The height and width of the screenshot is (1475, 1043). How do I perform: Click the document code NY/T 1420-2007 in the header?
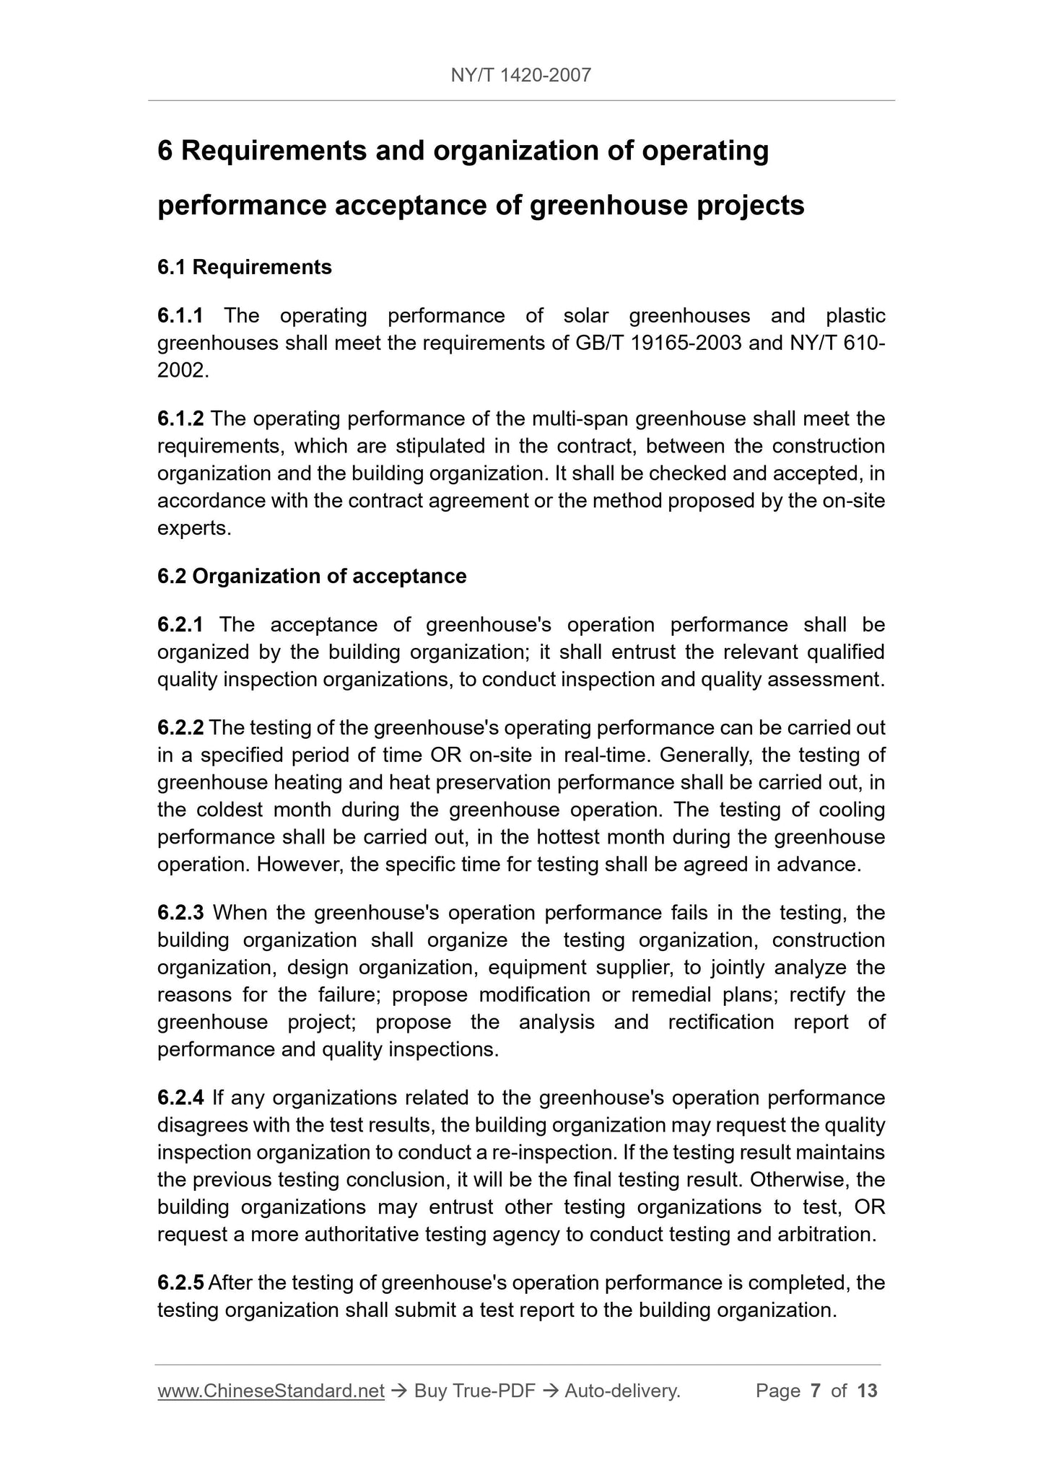coord(520,74)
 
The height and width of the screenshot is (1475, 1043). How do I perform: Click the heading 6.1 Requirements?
coord(244,267)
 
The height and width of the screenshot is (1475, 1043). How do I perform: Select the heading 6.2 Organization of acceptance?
coord(312,576)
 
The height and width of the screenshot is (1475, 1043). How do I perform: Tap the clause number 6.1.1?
coord(180,315)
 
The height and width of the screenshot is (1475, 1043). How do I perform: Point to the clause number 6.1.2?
coord(180,419)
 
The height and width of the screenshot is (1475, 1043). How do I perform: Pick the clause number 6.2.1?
coord(180,624)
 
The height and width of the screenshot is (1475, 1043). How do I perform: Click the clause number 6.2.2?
coord(180,727)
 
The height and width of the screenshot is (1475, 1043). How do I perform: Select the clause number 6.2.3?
coord(180,913)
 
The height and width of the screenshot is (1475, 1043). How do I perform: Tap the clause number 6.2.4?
coord(180,1098)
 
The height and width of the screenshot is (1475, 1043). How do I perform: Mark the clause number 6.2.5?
coord(180,1282)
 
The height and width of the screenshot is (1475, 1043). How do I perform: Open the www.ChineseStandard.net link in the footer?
coord(271,1391)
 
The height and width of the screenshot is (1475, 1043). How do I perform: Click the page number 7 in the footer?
coord(816,1391)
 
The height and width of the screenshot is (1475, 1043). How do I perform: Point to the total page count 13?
coord(867,1391)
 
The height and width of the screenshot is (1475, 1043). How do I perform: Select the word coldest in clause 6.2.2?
coord(230,810)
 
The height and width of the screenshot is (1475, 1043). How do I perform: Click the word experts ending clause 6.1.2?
coord(193,529)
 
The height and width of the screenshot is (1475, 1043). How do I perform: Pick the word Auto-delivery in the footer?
coord(621,1391)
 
